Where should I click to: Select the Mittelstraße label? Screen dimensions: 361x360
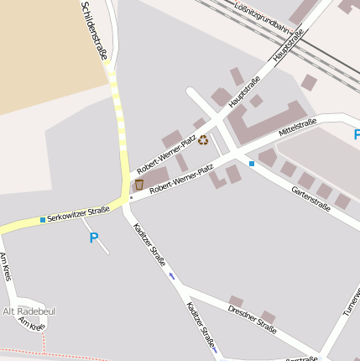click(x=298, y=128)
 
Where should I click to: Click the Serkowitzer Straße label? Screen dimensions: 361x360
click(x=78, y=214)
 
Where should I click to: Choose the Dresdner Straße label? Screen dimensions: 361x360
click(x=252, y=319)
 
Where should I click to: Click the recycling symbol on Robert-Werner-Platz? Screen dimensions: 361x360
click(x=202, y=141)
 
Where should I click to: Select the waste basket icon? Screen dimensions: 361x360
click(x=139, y=184)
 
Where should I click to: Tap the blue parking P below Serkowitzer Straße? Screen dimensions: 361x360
click(x=94, y=238)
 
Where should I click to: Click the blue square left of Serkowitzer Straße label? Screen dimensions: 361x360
click(x=43, y=220)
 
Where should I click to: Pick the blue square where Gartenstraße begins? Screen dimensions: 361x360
click(x=251, y=163)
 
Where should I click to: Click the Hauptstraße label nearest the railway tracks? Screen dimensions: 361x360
click(x=287, y=45)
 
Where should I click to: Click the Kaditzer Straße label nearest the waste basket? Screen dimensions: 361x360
click(x=149, y=244)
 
